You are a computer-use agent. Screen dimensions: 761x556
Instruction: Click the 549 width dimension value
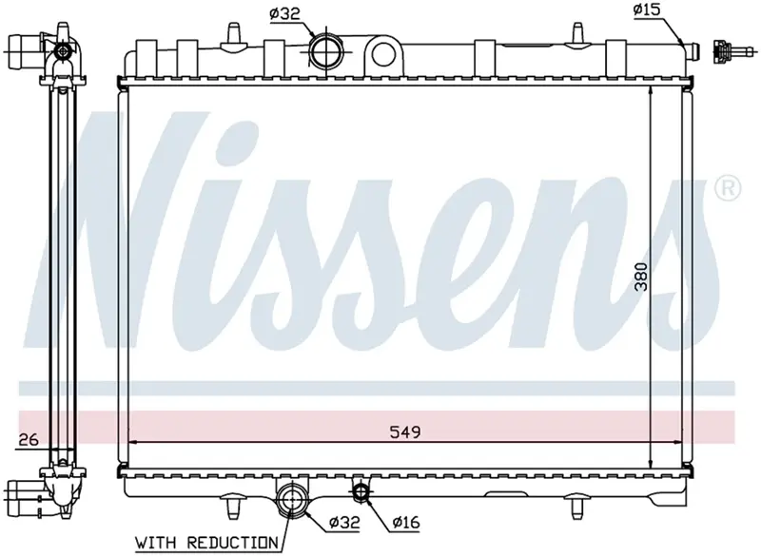click(x=405, y=431)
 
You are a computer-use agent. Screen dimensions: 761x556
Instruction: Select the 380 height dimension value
click(x=641, y=277)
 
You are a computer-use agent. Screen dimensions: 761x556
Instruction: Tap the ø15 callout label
click(x=647, y=10)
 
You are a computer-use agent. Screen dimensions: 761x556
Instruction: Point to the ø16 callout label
click(x=406, y=522)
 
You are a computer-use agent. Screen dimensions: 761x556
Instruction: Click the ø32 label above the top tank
click(x=284, y=13)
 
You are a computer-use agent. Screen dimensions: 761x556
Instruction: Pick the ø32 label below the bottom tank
click(x=344, y=522)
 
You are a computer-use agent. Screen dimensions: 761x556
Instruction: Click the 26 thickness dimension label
click(x=29, y=440)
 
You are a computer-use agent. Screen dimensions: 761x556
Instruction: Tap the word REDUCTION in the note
click(x=232, y=543)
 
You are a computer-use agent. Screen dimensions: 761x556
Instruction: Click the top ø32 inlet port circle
click(x=325, y=51)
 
